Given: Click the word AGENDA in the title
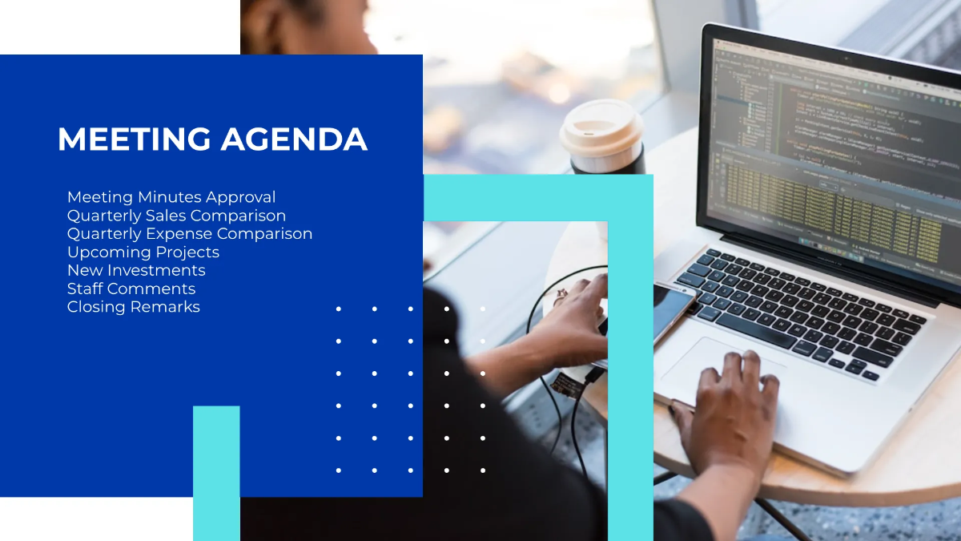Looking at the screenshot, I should pos(294,139).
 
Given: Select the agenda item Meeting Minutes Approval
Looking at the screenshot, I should pos(171,197).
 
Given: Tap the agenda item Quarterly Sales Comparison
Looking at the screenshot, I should pos(176,216).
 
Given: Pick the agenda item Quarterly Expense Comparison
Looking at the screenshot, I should pos(190,234).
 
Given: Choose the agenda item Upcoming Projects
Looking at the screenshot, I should pos(143,252).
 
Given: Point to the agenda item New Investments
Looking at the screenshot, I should pos(136,271).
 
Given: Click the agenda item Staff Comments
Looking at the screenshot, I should pos(131,289).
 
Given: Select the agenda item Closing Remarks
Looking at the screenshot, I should pos(134,308).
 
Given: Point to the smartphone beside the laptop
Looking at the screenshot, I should pos(673,309).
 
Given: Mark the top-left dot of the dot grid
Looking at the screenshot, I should pos(339,309).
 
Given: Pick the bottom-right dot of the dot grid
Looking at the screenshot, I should pos(483,470).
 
